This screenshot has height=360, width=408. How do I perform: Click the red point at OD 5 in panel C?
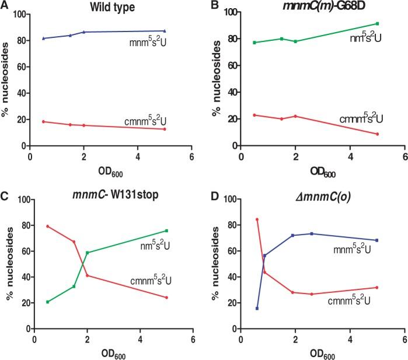click(x=166, y=298)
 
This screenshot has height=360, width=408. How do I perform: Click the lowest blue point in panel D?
click(x=257, y=308)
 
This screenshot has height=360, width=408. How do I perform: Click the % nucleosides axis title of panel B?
click(x=221, y=79)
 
